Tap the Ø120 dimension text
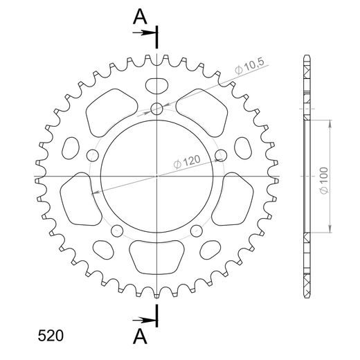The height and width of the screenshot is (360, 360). [186, 161]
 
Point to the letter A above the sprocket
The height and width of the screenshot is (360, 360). [140, 16]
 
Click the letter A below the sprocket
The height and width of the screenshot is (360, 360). [140, 337]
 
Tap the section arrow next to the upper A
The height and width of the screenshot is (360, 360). [145, 32]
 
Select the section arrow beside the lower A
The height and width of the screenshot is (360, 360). [145, 319]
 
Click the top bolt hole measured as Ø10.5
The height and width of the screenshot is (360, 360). [156, 108]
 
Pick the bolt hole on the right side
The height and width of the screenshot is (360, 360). [221, 154]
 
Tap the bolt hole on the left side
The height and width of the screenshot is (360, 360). [91, 154]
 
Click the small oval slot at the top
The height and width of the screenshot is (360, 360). [156, 85]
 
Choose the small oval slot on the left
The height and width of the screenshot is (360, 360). [70, 148]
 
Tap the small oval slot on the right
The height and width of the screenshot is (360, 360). [243, 148]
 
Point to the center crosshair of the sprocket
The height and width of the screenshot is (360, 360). [156, 177]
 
